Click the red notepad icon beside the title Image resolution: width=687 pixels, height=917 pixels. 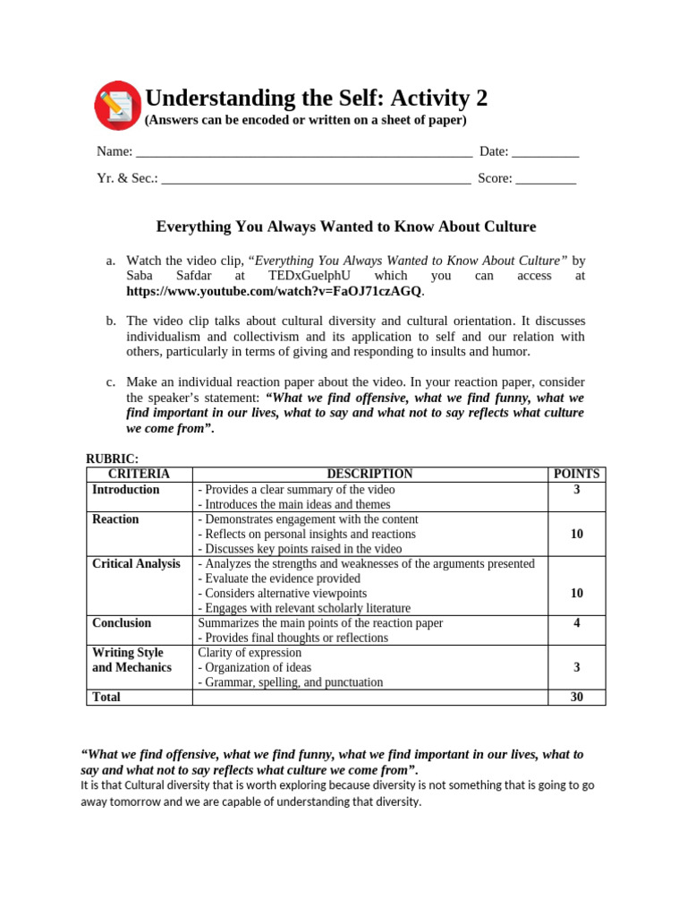pyautogui.click(x=117, y=105)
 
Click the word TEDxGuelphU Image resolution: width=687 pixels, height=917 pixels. pyautogui.click(x=311, y=276)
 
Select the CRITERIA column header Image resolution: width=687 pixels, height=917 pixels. pyautogui.click(x=139, y=474)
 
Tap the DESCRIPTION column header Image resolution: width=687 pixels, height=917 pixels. pyautogui.click(x=369, y=474)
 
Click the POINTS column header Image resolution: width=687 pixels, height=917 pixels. pyautogui.click(x=577, y=474)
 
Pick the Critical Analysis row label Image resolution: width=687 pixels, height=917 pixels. pyautogui.click(x=136, y=563)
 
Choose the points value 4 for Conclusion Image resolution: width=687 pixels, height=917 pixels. pyautogui.click(x=577, y=622)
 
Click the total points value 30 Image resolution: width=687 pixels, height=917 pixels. pyautogui.click(x=577, y=697)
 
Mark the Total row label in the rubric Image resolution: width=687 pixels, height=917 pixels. pyautogui.click(x=106, y=697)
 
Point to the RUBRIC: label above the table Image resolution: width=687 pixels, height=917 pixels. pyautogui.click(x=112, y=458)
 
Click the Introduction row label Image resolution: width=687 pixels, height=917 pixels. pyautogui.click(x=126, y=490)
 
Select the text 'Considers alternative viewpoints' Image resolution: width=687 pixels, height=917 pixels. pyautogui.click(x=282, y=593)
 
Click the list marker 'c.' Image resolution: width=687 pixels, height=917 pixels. pyautogui.click(x=111, y=381)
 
